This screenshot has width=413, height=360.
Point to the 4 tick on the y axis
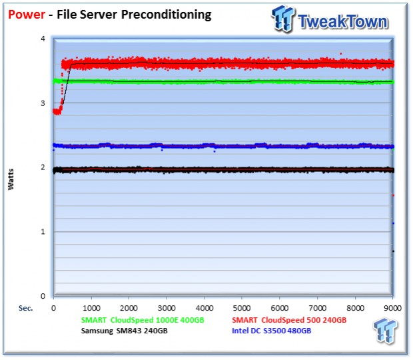pyautogui.click(x=43, y=39)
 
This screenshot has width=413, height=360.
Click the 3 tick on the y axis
pyautogui.click(x=43, y=103)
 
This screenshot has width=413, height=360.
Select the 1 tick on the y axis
pyautogui.click(x=43, y=232)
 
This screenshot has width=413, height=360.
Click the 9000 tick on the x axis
pyautogui.click(x=393, y=309)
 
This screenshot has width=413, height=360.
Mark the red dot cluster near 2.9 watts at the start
pyautogui.click(x=57, y=111)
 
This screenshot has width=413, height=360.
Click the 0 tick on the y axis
pyautogui.click(x=43, y=296)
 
